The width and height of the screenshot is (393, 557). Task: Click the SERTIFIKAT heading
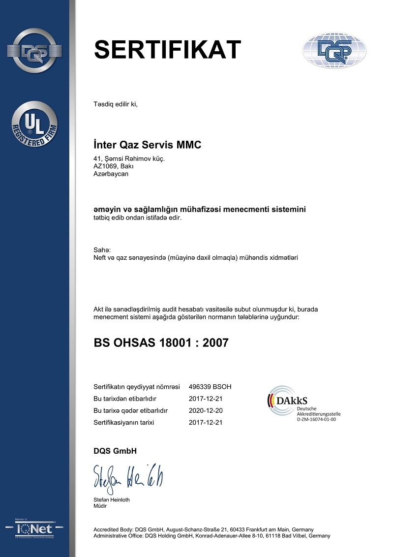pos(167,49)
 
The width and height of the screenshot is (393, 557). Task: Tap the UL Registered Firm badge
pos(35,124)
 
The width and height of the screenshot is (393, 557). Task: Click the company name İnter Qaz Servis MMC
pos(148,145)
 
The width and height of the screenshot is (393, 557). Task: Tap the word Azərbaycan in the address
pos(111,174)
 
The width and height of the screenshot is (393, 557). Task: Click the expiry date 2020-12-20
pos(206,410)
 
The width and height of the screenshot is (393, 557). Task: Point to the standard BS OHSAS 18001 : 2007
pos(161,342)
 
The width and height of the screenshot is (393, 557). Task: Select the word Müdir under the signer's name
pos(100,506)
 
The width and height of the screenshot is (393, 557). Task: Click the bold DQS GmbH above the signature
pos(115,451)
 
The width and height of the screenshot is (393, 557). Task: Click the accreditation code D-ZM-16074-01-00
pos(316,419)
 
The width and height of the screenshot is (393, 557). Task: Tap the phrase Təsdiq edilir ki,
pos(116,104)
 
